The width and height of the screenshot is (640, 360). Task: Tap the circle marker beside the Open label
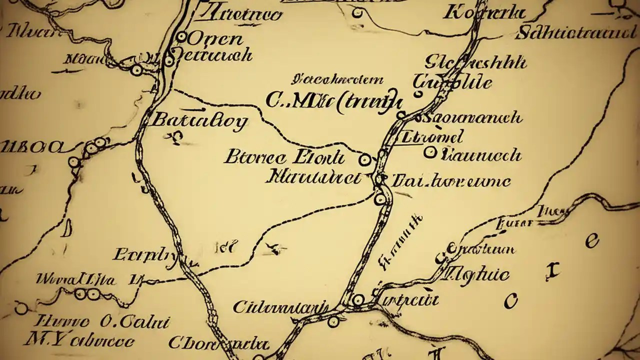[182, 36]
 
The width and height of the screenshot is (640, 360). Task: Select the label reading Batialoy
[198, 121]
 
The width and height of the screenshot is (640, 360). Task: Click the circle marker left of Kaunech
[429, 152]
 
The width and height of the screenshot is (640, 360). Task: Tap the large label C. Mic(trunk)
[333, 101]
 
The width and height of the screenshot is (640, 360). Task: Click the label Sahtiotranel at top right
[574, 33]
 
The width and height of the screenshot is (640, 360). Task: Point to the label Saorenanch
[472, 118]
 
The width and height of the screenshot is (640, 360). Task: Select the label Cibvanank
[281, 306]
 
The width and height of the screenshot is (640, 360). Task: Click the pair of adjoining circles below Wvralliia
[86, 294]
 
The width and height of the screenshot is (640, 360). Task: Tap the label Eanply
[144, 255]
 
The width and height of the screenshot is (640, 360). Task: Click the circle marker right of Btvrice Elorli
[365, 159]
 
